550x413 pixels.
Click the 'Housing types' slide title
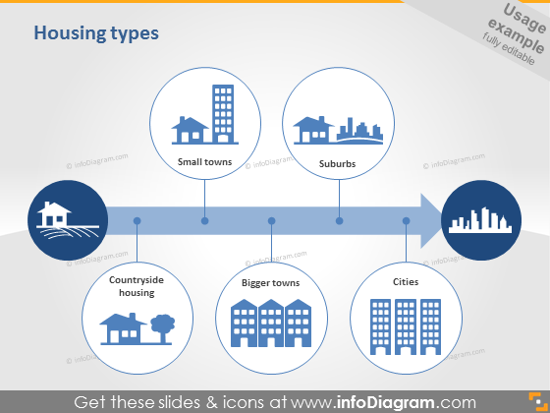(x=96, y=33)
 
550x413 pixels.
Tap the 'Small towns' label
(x=205, y=162)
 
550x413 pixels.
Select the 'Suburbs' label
(x=338, y=163)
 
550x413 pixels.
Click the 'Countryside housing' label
(x=137, y=286)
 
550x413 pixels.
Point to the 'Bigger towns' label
(x=271, y=283)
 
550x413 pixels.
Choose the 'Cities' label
(x=406, y=281)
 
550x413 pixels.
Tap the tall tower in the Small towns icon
(x=223, y=113)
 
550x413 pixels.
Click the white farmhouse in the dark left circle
(x=54, y=214)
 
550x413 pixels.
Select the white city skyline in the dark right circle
(x=480, y=220)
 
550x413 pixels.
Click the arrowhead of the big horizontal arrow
(x=431, y=220)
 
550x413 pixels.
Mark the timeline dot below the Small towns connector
(x=205, y=221)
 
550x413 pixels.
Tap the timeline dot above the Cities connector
(x=407, y=221)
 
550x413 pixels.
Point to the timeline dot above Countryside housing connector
(x=137, y=221)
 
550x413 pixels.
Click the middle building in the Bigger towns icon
(x=271, y=324)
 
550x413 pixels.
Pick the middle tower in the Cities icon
(x=406, y=326)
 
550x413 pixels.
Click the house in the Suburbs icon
(x=313, y=130)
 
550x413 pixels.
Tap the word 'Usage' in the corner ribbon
(x=524, y=19)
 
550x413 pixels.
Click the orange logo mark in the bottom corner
(x=538, y=401)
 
